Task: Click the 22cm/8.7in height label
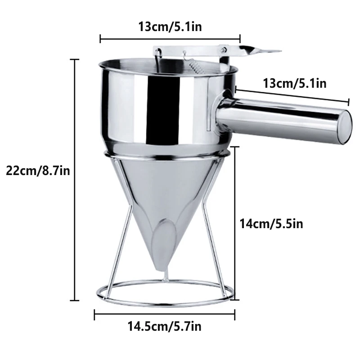pos(37,171)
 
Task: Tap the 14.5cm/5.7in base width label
pos(164,326)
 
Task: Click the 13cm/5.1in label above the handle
pos(295,83)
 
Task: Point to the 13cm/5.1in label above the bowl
pos(170,27)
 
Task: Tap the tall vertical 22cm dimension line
pos(75,180)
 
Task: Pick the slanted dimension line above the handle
pos(292,96)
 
